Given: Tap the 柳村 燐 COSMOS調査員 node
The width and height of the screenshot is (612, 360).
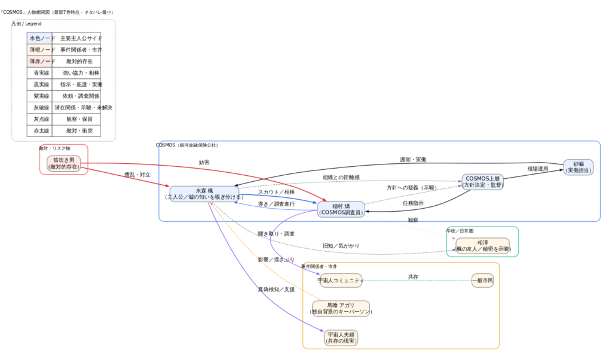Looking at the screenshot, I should (x=341, y=209).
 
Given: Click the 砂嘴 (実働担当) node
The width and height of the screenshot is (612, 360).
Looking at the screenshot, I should (x=578, y=167).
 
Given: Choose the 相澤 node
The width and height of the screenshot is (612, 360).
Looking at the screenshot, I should (x=483, y=246).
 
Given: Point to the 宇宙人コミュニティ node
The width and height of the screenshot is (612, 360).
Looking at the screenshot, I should (x=341, y=280).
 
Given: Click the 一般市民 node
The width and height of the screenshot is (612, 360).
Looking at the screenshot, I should (x=482, y=280).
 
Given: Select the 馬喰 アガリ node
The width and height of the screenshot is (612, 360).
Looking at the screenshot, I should (x=341, y=308).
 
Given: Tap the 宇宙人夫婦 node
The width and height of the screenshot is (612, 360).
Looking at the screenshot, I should (x=341, y=338).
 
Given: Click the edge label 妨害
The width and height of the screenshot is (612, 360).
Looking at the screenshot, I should (x=204, y=162).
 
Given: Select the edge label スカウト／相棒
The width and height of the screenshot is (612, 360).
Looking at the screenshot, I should (x=276, y=192).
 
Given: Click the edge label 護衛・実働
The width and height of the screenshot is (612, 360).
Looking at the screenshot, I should (x=413, y=160).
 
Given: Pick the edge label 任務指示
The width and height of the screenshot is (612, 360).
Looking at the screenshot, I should (x=413, y=203).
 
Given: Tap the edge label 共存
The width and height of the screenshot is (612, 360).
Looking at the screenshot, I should (x=413, y=277).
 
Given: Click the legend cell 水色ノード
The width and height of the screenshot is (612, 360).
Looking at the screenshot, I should (x=40, y=38).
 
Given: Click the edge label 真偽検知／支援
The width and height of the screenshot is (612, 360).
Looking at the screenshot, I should (x=276, y=289).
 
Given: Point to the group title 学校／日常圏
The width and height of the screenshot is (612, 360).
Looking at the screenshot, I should (x=460, y=230).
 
